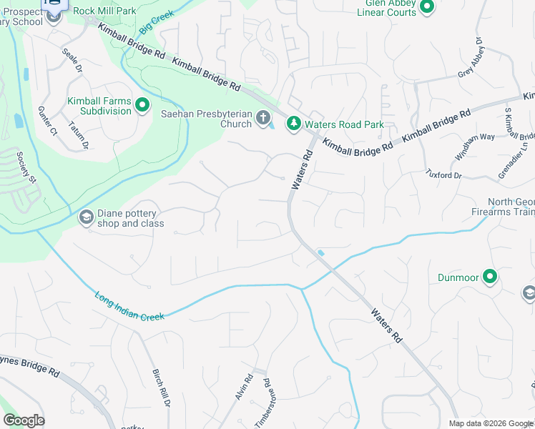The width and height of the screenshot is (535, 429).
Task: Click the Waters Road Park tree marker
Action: [x=293, y=124]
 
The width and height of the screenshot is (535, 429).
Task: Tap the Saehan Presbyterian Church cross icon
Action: [x=263, y=119]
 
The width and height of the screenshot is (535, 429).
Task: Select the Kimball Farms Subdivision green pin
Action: [x=142, y=106]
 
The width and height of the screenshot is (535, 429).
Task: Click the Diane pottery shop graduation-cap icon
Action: [x=86, y=217]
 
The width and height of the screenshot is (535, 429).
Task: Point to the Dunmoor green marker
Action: [x=490, y=276]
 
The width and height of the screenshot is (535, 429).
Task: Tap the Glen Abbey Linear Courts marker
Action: [x=427, y=7]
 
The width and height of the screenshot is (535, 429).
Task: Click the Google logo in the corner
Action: [x=24, y=420]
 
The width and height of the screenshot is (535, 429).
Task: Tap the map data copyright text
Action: [x=491, y=423]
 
